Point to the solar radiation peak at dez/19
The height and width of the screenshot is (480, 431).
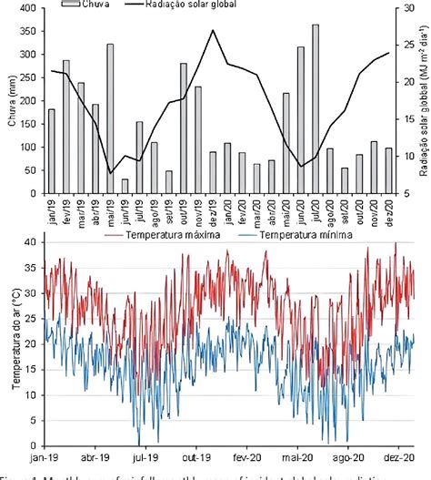click(x=214, y=31)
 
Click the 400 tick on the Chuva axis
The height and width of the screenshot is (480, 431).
click(x=30, y=7)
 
